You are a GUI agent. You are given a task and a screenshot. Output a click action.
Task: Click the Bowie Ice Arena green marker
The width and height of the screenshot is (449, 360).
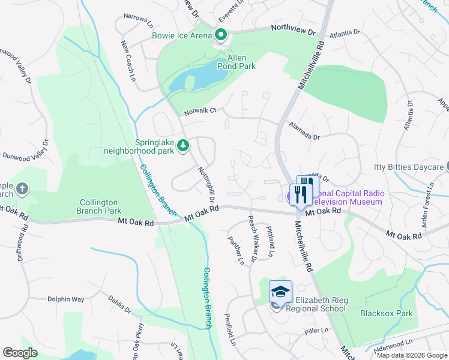pyautogui.click(x=220, y=35)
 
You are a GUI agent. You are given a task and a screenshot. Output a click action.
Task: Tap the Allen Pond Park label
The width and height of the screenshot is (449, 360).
pyautogui.click(x=241, y=61)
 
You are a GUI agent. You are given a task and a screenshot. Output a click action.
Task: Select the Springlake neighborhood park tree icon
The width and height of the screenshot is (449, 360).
pyautogui.click(x=184, y=145)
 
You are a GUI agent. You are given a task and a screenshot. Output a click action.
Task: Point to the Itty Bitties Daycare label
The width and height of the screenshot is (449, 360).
pyautogui.click(x=407, y=166)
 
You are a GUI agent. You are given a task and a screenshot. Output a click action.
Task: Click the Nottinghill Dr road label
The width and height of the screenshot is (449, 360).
pyautogui.click(x=206, y=184)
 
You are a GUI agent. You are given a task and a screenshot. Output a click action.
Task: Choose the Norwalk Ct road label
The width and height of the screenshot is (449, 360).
pyautogui.click(x=200, y=110)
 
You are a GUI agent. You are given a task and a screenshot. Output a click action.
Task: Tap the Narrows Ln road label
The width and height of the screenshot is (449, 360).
pyautogui.click(x=135, y=19)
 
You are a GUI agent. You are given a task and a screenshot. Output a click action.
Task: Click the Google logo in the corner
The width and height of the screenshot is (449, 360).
pyautogui.click(x=20, y=352)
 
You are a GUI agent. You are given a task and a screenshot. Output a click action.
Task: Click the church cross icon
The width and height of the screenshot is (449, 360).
pyautogui.click(x=22, y=190)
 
